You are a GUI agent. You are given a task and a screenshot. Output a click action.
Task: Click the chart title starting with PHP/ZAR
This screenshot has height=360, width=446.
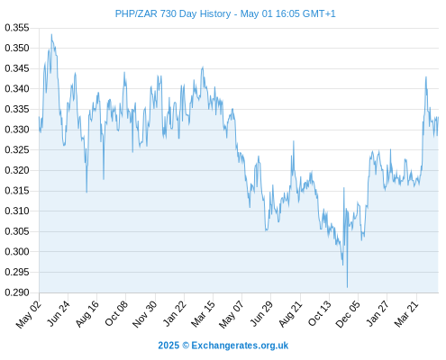pos(225,13)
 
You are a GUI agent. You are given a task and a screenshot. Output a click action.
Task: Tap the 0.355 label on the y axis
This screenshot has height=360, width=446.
pos(17,28)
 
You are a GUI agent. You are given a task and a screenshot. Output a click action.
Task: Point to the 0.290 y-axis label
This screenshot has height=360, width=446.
pos(17,292)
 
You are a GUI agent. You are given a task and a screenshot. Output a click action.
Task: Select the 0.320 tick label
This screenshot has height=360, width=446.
pos(17,170)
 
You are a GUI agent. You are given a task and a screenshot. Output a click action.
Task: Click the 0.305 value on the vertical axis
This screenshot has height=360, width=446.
pos(17,231)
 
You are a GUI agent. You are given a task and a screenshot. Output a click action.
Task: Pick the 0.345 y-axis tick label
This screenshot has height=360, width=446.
pos(17,68)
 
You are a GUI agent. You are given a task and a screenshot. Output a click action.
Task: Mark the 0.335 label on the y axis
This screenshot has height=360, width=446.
pos(17,109)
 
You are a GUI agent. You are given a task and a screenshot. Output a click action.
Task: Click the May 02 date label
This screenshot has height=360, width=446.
pos(28,313)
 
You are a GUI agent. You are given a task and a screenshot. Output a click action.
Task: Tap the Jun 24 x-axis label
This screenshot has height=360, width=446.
pos(59,313)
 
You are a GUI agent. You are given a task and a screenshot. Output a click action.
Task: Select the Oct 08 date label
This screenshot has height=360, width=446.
pos(116,313)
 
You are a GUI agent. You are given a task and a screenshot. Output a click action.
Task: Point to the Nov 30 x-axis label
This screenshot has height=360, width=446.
pos(145,313)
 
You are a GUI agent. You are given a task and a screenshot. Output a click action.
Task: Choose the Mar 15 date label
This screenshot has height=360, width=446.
pos(204,313)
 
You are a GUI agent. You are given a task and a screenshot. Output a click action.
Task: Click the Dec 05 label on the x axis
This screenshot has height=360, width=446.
pos(348,313)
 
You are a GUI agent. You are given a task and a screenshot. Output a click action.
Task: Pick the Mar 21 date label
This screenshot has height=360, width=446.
pos(406,313)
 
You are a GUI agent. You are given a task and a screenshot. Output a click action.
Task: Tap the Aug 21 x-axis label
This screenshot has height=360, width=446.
pos(290,313)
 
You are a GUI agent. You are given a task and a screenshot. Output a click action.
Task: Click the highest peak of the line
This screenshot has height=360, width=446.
pos(51,34)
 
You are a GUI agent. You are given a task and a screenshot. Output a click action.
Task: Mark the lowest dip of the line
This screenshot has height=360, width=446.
pos(347,287)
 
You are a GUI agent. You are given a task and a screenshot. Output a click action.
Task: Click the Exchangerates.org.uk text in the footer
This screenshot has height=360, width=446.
pos(240,346)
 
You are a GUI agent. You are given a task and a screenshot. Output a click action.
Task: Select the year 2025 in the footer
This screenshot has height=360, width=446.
pos(168,346)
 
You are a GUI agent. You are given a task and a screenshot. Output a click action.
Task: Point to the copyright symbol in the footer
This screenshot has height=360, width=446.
pos(186,346)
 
